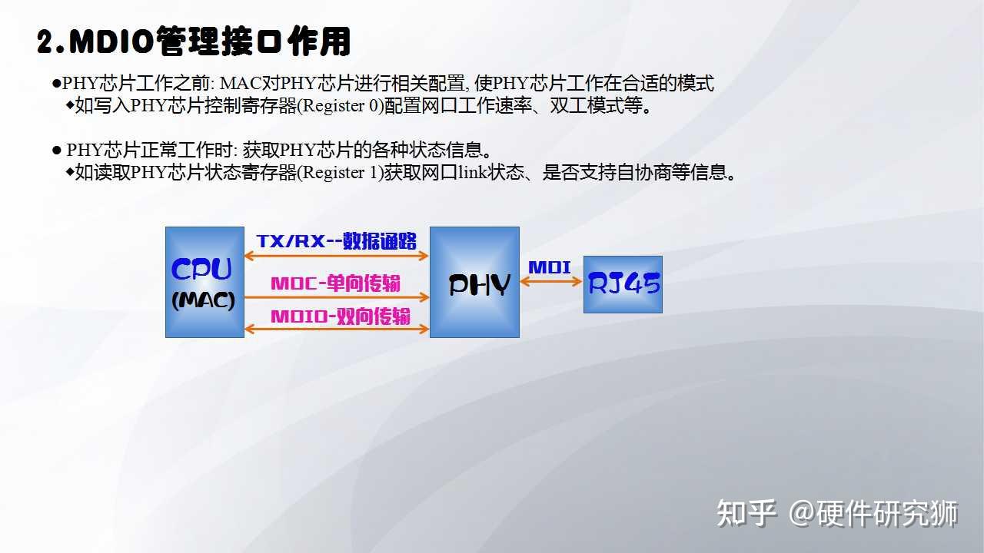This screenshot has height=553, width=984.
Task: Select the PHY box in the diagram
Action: [x=474, y=282]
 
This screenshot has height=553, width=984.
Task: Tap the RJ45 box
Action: [x=623, y=284]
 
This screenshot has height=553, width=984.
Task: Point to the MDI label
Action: [x=550, y=267]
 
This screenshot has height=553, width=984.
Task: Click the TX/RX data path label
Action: [x=337, y=240]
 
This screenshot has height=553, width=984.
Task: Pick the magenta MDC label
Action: [x=335, y=283]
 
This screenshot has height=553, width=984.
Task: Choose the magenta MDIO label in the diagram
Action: [x=340, y=316]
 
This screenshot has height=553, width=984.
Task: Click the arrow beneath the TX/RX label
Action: [x=337, y=257]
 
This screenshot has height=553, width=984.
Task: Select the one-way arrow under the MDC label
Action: [x=337, y=296]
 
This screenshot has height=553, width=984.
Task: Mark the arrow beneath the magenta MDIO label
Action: [x=337, y=329]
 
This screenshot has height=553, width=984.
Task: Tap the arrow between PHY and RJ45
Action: [x=551, y=282]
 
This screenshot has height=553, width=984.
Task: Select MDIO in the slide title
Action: [x=112, y=42]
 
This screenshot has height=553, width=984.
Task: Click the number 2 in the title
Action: [x=45, y=43]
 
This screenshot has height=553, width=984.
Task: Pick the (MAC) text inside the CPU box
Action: [x=203, y=300]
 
